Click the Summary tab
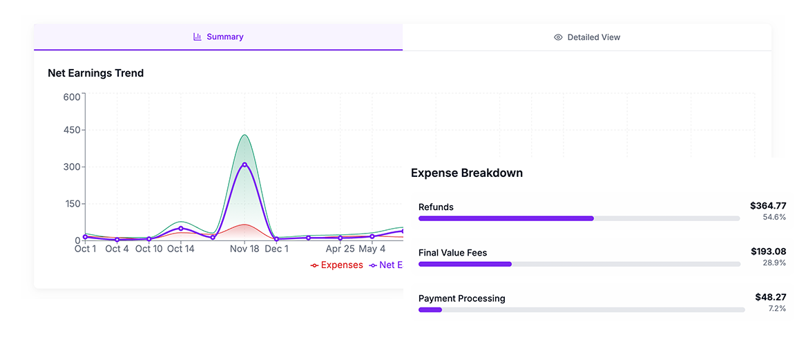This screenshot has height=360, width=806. [x=218, y=37]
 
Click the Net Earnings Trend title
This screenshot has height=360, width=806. [x=95, y=73]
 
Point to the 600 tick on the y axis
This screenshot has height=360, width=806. [x=72, y=97]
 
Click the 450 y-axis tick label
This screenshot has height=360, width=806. [x=72, y=130]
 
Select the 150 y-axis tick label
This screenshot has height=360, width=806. [x=72, y=204]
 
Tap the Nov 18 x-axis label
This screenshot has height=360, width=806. [x=244, y=249]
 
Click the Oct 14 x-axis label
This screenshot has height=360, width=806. [x=180, y=249]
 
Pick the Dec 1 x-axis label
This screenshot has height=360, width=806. [x=277, y=249]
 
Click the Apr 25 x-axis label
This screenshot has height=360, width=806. [x=340, y=249]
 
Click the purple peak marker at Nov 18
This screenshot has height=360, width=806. [x=244, y=164]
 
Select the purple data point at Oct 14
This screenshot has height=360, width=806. [x=181, y=228]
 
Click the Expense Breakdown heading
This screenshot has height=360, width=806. [x=467, y=173]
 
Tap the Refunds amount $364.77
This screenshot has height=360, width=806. [x=768, y=205]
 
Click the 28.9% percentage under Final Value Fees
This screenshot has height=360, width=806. [x=774, y=263]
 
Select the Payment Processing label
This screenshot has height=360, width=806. [x=461, y=299]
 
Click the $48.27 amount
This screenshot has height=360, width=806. [x=771, y=297]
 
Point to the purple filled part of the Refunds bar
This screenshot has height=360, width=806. [x=506, y=218]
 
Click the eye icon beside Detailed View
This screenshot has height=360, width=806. [x=558, y=37]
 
